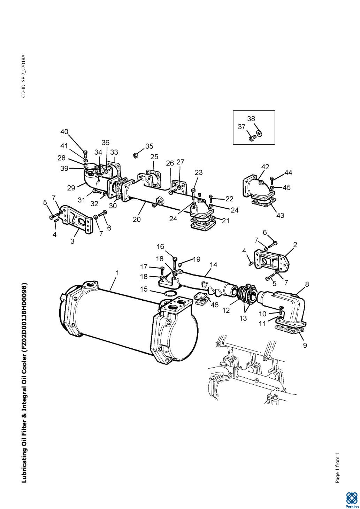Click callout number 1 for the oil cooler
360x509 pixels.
point(117,273)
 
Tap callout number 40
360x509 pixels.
point(64,132)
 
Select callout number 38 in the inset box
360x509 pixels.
point(251,118)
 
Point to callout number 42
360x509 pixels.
point(265,167)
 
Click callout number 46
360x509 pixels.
point(215,305)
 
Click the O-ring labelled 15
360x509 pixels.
point(170,294)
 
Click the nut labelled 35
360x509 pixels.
point(135,155)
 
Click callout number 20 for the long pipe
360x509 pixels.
point(137,219)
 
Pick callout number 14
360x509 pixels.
point(213,265)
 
